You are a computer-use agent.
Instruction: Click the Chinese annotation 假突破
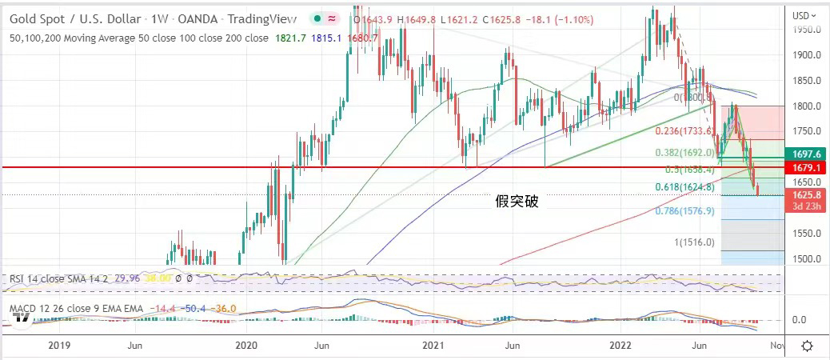tap(517, 201)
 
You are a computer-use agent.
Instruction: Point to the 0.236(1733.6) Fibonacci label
tap(684, 132)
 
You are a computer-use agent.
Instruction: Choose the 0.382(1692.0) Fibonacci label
tap(684, 152)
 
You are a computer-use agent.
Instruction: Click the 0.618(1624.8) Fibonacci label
tap(684, 188)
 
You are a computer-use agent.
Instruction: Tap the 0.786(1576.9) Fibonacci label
tap(684, 211)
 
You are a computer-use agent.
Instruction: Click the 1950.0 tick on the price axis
tap(807, 30)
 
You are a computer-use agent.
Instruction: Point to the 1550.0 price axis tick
tap(807, 234)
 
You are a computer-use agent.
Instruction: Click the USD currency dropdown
tap(804, 14)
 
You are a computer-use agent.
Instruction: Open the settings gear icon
tap(808, 346)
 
